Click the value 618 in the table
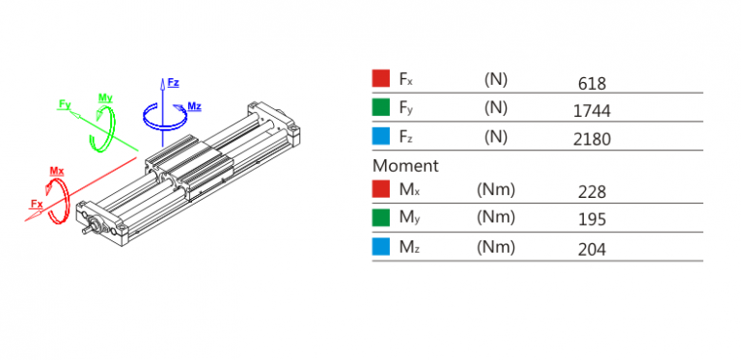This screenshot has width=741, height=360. tap(591, 84)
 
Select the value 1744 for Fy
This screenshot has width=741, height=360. tap(591, 111)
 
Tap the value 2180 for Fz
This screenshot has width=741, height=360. tap(591, 139)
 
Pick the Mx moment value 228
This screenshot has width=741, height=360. tap(591, 192)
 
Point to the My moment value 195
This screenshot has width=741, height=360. tap(591, 220)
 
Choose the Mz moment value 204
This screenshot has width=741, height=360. tap(591, 249)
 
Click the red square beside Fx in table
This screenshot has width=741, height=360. tap(381, 78)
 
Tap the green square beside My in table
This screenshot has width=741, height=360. tap(381, 217)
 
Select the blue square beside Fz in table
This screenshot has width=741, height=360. tap(381, 136)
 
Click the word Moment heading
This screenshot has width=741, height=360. tap(405, 166)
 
